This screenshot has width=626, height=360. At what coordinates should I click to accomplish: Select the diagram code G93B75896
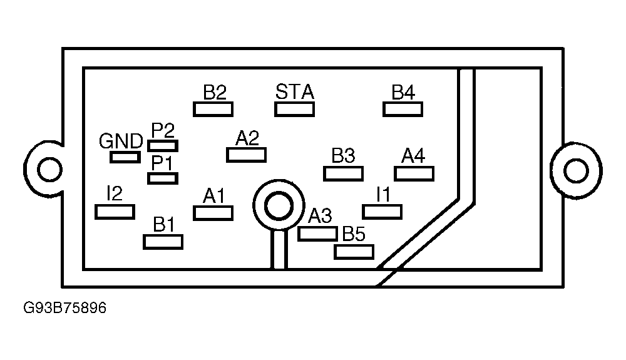(x=64, y=307)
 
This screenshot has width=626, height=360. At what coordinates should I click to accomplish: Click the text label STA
(x=295, y=92)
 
